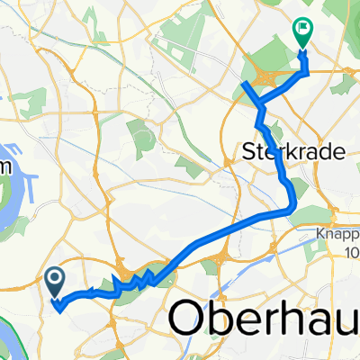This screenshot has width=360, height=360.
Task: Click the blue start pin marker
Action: pos(54,281)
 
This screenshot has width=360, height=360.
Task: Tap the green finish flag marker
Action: pos(301,37)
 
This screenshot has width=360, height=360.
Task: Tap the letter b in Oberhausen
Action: pos(220,319)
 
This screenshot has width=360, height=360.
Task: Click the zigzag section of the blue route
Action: pos(130,283)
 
